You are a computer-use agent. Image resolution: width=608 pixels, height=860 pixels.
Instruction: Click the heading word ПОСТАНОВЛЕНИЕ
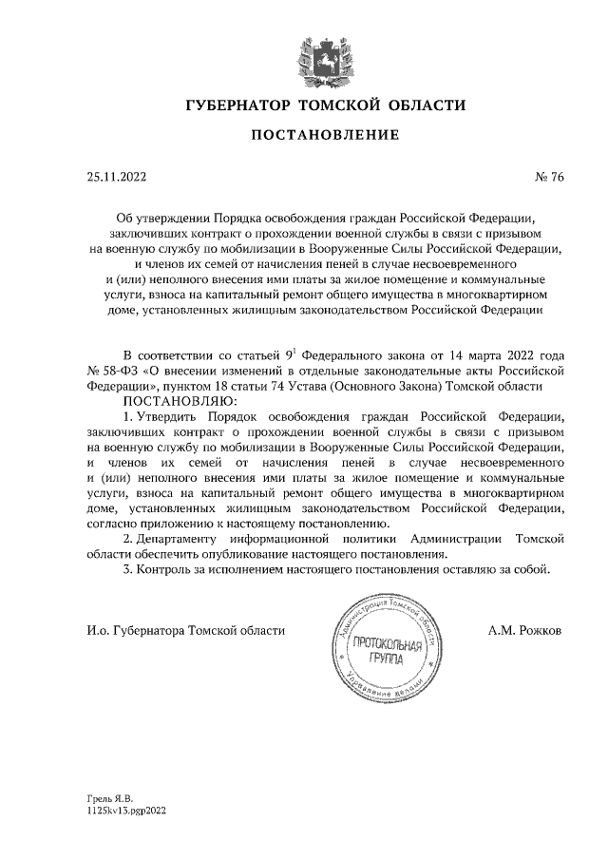point(325,136)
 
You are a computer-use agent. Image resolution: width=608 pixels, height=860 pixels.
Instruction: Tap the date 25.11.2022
point(116,176)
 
